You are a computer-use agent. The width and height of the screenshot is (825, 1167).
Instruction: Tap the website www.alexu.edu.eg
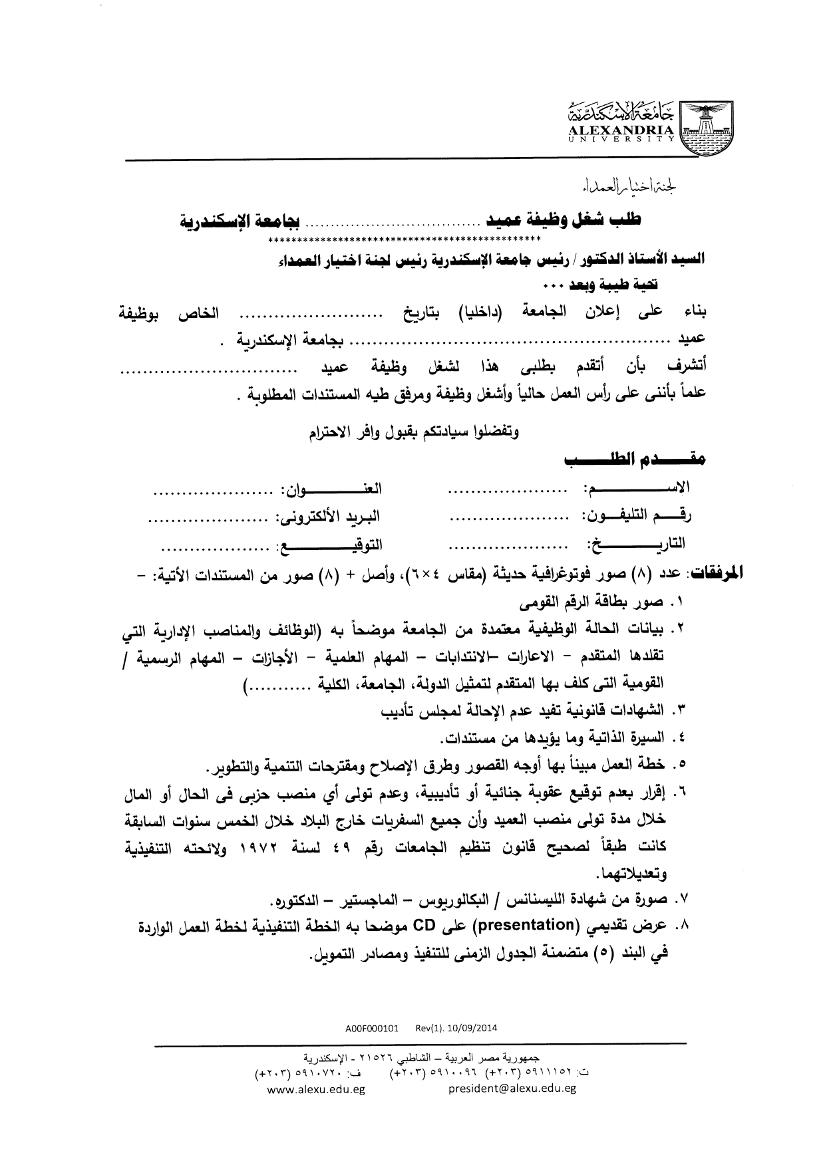point(316,1089)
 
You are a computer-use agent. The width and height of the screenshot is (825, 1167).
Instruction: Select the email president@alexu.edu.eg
point(512,1089)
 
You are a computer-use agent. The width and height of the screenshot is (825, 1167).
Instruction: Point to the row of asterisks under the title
point(405,238)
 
